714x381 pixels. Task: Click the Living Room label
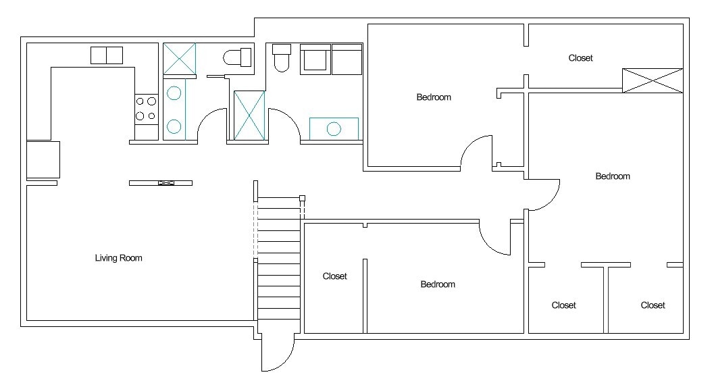118,258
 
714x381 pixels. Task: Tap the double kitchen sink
107,55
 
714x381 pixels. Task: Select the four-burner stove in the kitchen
146,109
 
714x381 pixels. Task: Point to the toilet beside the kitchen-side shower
237,57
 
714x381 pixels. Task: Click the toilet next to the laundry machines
282,57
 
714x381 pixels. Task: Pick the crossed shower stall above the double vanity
180,59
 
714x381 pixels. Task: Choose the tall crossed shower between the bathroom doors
249,116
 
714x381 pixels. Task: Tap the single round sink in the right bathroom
334,129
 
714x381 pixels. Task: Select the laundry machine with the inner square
315,59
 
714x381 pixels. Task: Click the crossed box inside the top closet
653,80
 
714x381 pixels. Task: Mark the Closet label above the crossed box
580,58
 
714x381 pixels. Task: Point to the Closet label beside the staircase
334,276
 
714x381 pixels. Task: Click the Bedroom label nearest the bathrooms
434,97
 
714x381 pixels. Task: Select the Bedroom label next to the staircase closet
438,284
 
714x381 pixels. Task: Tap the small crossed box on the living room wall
166,183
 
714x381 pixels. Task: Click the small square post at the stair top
302,198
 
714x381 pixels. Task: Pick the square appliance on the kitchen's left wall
43,159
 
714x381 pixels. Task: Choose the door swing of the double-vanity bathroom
211,124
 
